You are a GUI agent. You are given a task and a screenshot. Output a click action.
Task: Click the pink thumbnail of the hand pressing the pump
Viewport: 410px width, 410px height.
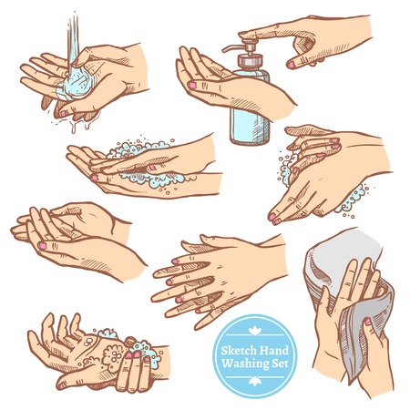pyautogui.click(x=291, y=64)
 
